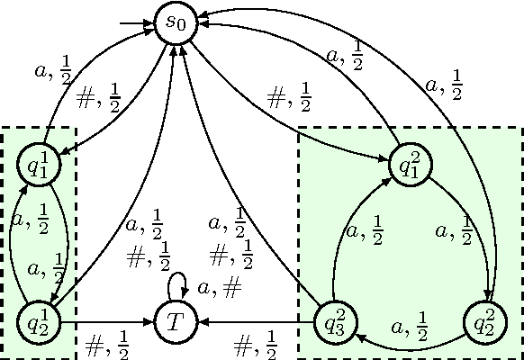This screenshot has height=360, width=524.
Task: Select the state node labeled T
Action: click(x=176, y=321)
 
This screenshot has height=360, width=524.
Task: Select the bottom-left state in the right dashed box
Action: click(x=333, y=321)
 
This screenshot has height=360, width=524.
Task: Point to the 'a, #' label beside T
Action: click(x=220, y=288)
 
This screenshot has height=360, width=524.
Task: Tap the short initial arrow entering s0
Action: click(x=135, y=22)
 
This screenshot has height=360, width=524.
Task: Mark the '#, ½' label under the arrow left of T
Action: click(x=107, y=343)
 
